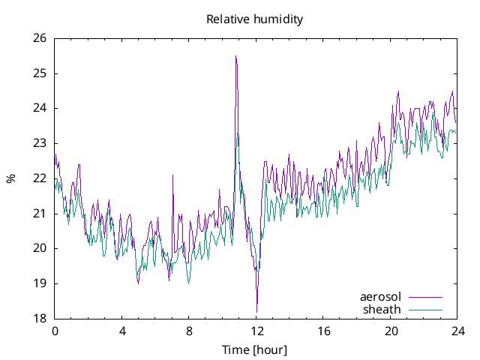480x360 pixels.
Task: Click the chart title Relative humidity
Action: tap(254, 19)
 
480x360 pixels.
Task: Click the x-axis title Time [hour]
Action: tap(254, 350)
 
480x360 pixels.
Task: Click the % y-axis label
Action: tap(10, 178)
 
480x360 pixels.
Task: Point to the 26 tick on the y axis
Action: tap(39, 38)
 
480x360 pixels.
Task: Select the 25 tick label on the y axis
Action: tap(39, 73)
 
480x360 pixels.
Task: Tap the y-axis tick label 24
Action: tap(39, 108)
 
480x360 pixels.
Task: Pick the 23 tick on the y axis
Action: tap(39, 143)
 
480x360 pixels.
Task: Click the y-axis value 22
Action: tap(39, 178)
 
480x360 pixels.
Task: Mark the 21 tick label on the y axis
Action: tap(39, 214)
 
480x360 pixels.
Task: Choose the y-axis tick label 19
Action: tap(39, 283)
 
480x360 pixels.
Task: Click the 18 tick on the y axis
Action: tap(39, 319)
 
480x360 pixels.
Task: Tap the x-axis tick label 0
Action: tap(55, 331)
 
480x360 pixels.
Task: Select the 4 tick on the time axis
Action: tap(121, 331)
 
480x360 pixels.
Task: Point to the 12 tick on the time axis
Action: tap(256, 331)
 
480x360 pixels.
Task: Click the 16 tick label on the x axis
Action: tap(323, 331)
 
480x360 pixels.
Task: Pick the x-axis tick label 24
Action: tap(457, 331)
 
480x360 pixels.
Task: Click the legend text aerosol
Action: tap(380, 297)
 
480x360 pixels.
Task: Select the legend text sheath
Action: tap(382, 309)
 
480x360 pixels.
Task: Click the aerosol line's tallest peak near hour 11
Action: tap(235, 56)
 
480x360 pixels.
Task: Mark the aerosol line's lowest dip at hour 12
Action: tap(256, 311)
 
